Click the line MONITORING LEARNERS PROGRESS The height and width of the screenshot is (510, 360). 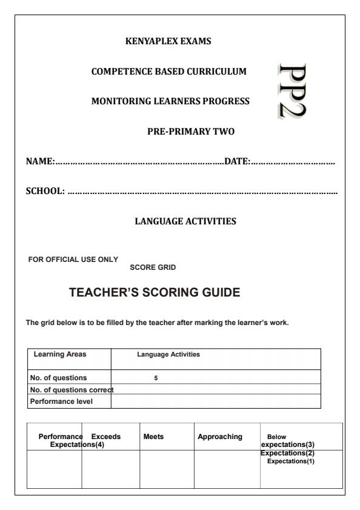(170, 101)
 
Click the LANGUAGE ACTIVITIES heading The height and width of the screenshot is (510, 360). (185, 222)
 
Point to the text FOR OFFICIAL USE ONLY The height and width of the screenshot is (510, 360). (73, 260)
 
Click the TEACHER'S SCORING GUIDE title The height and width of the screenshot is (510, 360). (155, 293)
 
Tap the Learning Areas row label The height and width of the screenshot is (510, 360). (56, 354)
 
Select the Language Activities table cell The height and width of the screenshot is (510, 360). (169, 354)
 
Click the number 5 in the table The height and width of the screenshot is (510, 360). (156, 377)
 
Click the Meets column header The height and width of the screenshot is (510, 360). (152, 436)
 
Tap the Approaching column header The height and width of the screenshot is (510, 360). (219, 436)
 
